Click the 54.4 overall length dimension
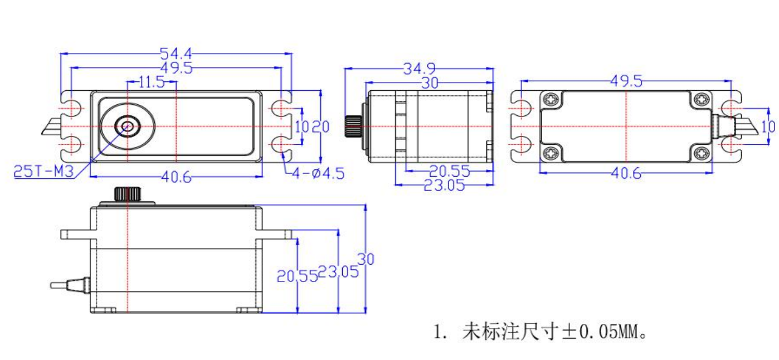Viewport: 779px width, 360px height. pyautogui.click(x=176, y=54)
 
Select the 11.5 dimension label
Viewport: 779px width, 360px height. pyautogui.click(x=151, y=83)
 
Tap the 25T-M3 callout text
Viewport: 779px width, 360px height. pyautogui.click(x=43, y=172)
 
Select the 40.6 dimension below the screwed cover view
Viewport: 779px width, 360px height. pyautogui.click(x=625, y=174)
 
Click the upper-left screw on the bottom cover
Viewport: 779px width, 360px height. pyautogui.click(x=552, y=100)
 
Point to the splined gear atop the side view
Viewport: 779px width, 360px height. pyautogui.click(x=128, y=194)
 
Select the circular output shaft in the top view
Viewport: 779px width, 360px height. pyautogui.click(x=128, y=125)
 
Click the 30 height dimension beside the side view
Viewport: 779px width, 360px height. pyautogui.click(x=366, y=259)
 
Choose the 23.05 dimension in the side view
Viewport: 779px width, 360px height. pyautogui.click(x=333, y=273)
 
